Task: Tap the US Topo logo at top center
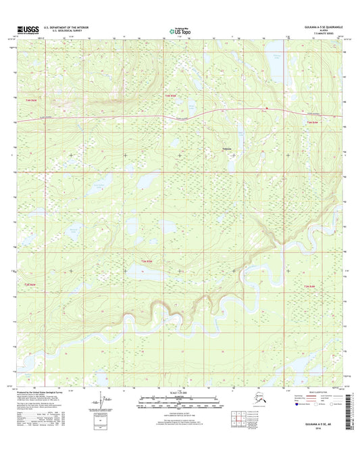coord(180,31)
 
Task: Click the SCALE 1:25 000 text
coord(179,393)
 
